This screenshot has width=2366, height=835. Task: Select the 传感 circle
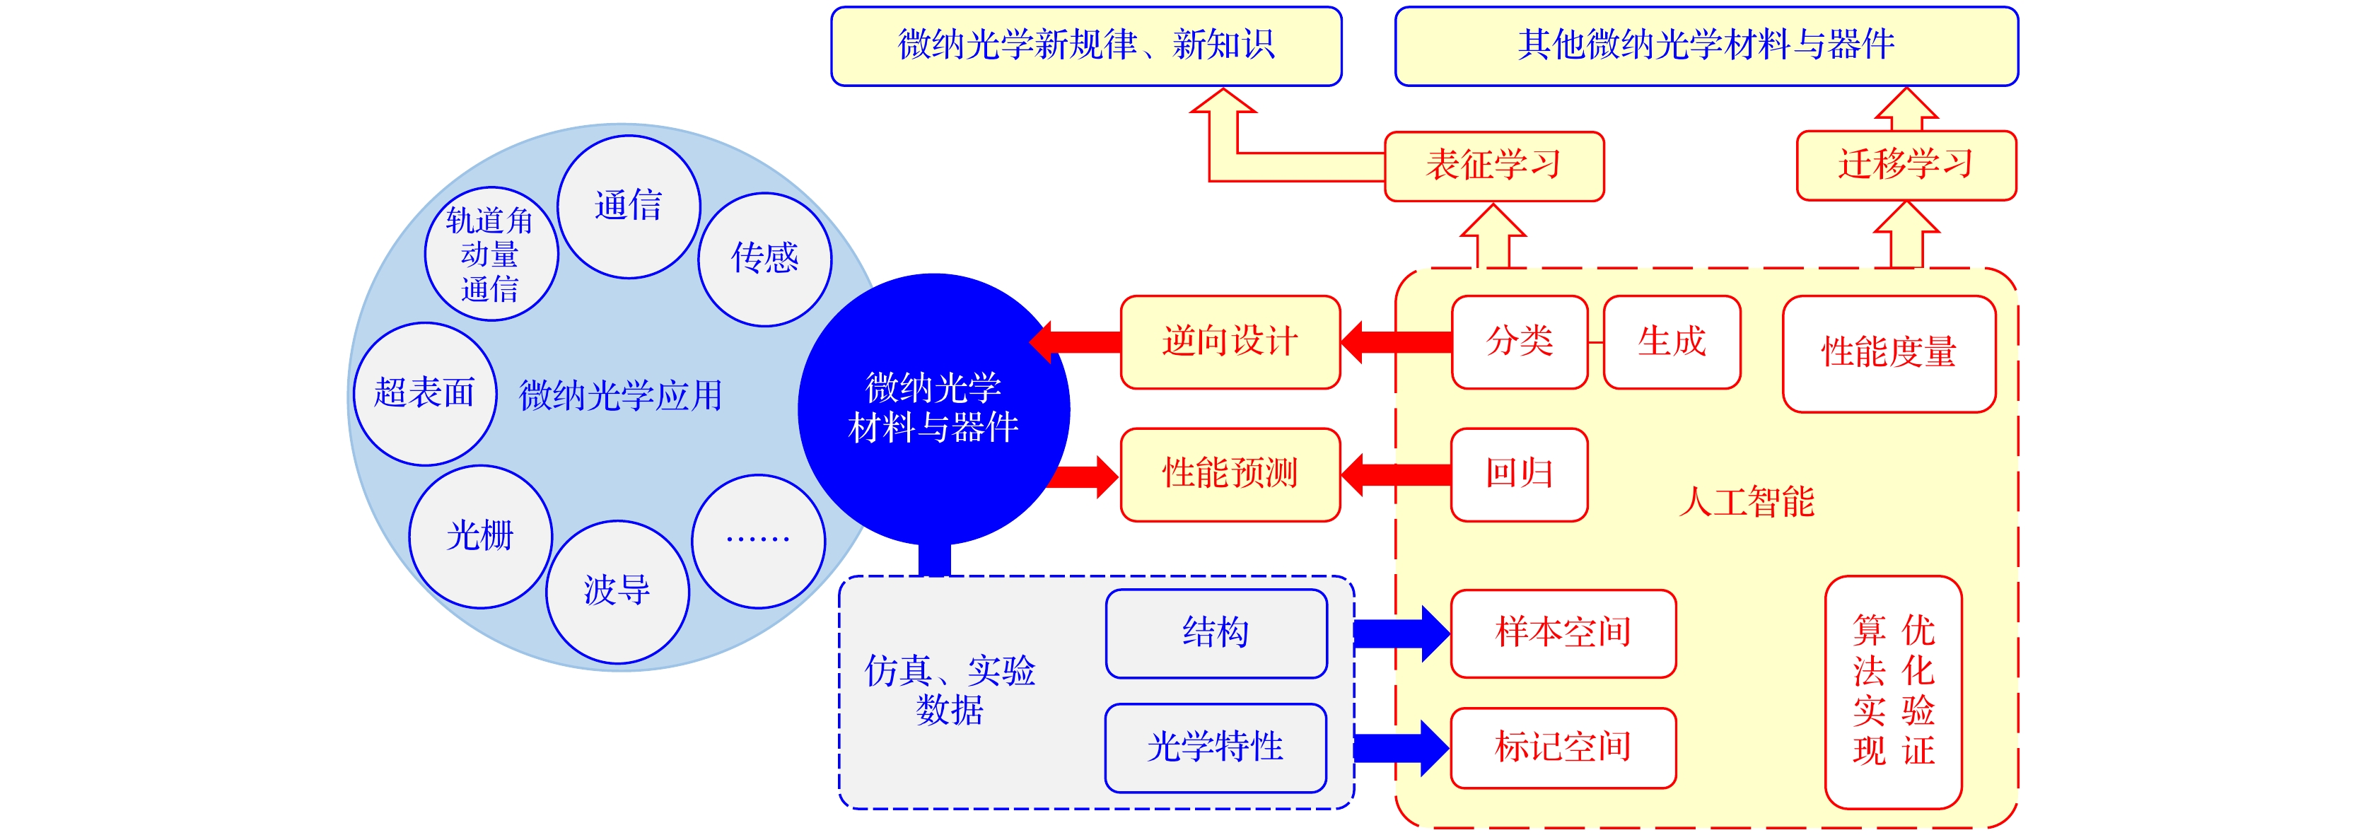(x=764, y=259)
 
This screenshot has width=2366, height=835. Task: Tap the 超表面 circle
(x=424, y=393)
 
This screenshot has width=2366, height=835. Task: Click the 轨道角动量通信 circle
(x=491, y=255)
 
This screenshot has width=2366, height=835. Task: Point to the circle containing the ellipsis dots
(x=758, y=541)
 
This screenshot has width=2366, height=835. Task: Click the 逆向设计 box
(x=1230, y=341)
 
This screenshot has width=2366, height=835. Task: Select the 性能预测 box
(x=1230, y=474)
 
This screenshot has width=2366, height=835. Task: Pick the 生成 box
(x=1672, y=341)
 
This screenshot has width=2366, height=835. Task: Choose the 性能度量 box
(x=1889, y=354)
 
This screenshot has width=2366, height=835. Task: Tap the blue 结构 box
(x=1216, y=633)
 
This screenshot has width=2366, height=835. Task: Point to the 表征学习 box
(x=1493, y=166)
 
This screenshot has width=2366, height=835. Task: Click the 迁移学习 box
(x=1906, y=165)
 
